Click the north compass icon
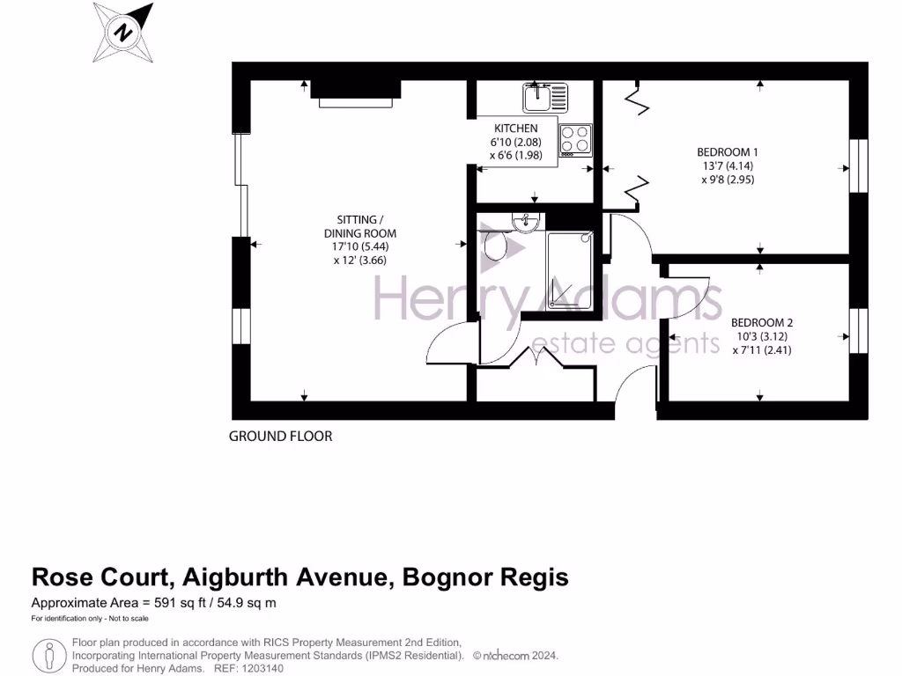[x=124, y=33]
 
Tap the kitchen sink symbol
[x=537, y=96]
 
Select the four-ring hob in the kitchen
[x=576, y=140]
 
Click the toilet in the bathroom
[x=499, y=244]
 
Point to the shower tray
[x=569, y=269]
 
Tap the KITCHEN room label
[x=515, y=129]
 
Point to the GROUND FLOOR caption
[x=280, y=437]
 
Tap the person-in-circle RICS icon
[x=49, y=656]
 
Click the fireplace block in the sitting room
[x=355, y=90]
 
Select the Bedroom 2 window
[x=857, y=330]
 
